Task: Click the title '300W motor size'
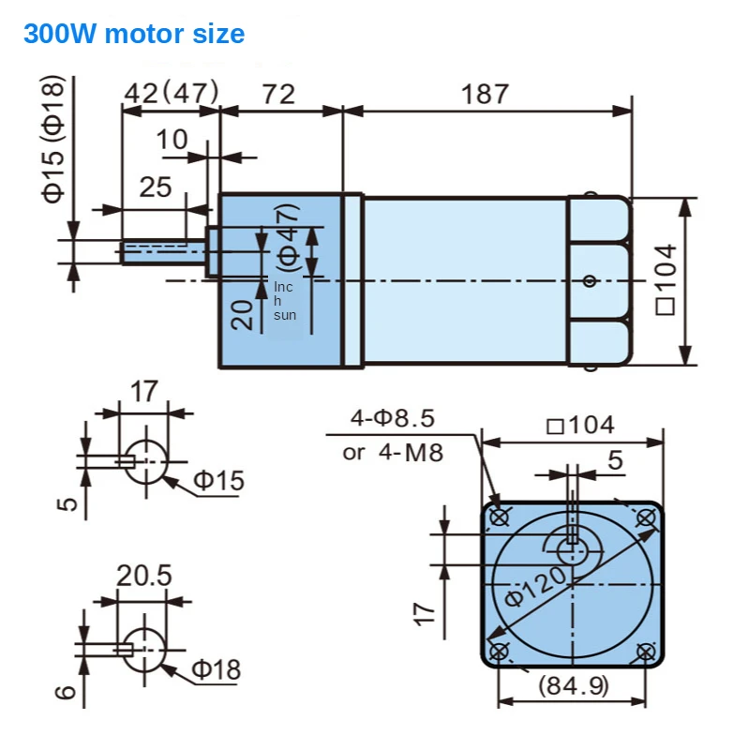click(x=134, y=34)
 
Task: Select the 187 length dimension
click(x=485, y=94)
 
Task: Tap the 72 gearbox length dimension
click(x=278, y=95)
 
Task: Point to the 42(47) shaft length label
click(x=172, y=93)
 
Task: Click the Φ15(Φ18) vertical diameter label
click(x=53, y=139)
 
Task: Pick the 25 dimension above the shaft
click(x=156, y=187)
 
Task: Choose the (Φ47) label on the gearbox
click(x=289, y=238)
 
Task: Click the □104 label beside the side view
click(x=666, y=279)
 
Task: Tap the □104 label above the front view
click(x=580, y=426)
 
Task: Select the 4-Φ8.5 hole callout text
click(x=393, y=418)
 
